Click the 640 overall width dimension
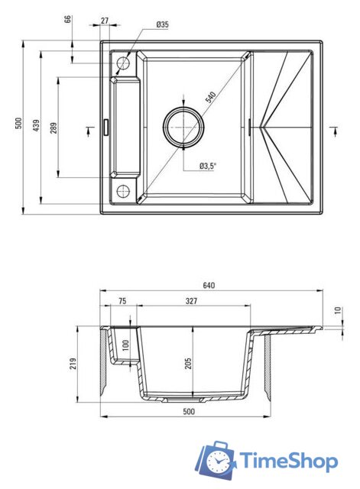pyautogui.click(x=209, y=286)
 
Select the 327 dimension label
pyautogui.click(x=191, y=302)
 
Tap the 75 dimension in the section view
pyautogui.click(x=122, y=302)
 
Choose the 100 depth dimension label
pyautogui.click(x=125, y=348)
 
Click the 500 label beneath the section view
pyautogui.click(x=189, y=411)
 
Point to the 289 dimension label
pyautogui.click(x=53, y=128)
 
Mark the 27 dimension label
pyautogui.click(x=105, y=21)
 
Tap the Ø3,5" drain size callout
pyautogui.click(x=209, y=165)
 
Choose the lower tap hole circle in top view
pyautogui.click(x=123, y=189)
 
